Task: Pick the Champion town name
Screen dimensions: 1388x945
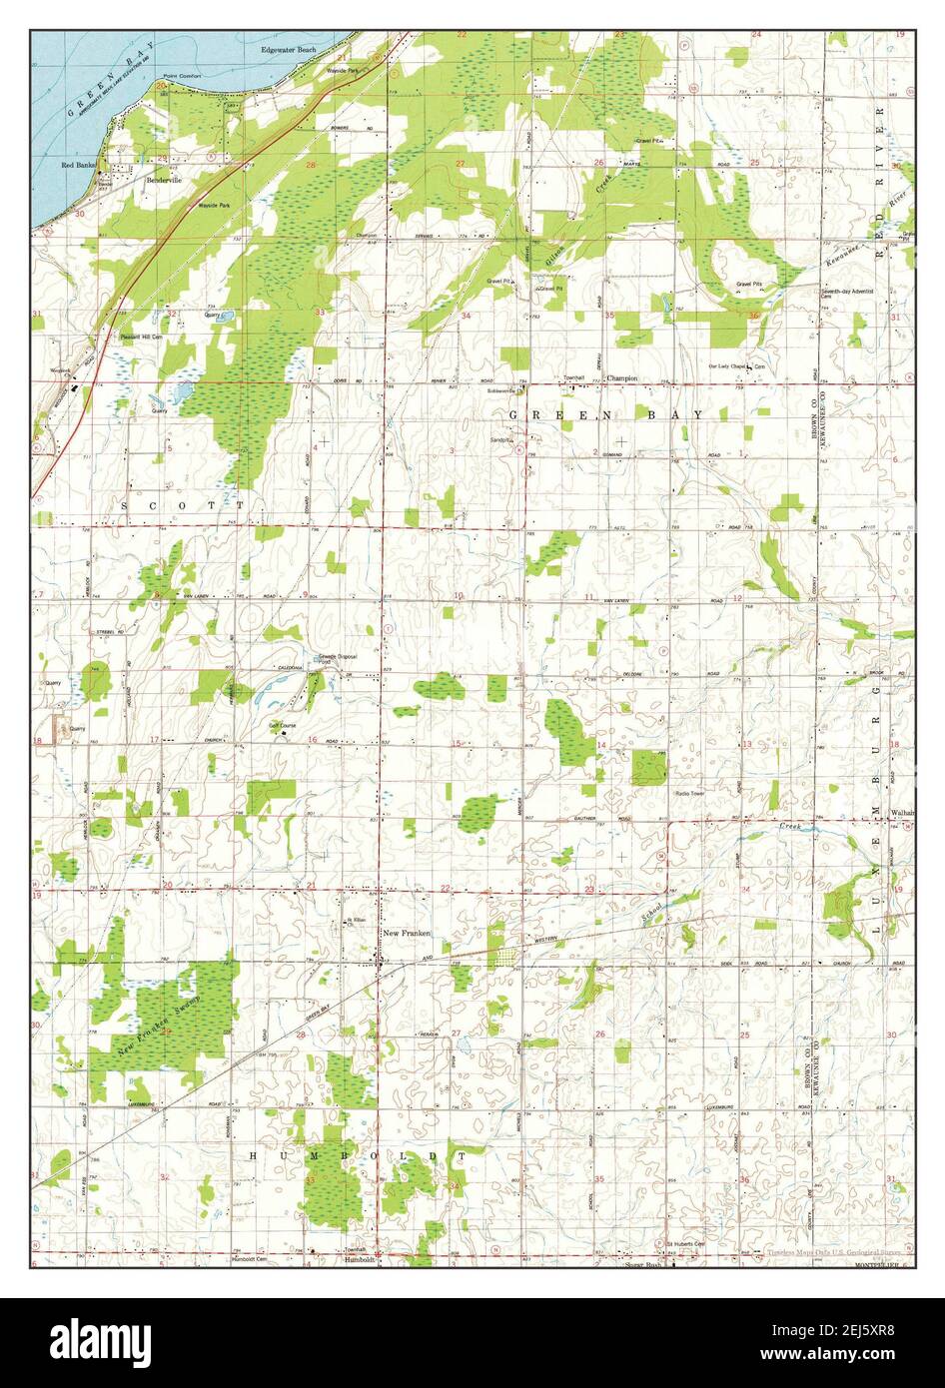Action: [x=621, y=378]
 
